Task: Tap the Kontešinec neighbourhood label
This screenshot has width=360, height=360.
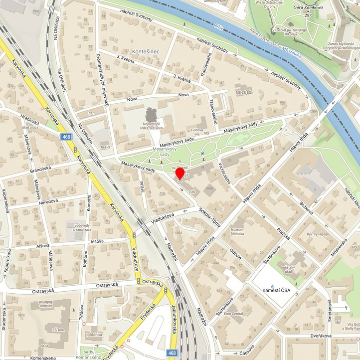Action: (x=146, y=51)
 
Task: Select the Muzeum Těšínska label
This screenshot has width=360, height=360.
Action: (x=240, y=232)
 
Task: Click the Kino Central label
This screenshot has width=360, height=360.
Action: (x=233, y=314)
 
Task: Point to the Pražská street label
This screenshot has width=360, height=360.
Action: (x=282, y=233)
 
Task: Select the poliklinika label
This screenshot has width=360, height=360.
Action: (x=93, y=335)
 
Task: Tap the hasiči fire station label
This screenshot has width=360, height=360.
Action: (x=105, y=148)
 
